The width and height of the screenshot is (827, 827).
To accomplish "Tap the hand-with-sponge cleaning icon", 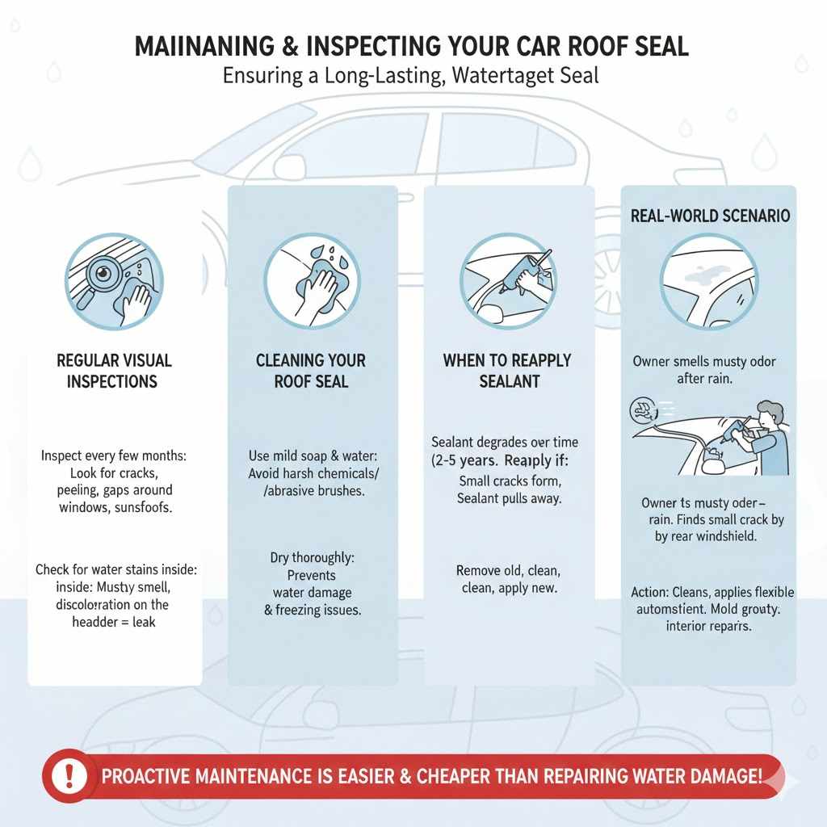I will pos(311,282).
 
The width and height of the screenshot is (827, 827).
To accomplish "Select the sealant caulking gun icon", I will pos(508,282).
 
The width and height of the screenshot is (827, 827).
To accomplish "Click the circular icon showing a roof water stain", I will pos(708,282).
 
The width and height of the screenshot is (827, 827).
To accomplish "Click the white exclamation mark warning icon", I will pos(69,777).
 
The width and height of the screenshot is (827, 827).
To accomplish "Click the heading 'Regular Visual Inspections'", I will pos(114,370).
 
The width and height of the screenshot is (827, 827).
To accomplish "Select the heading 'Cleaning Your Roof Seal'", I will pos(311,370).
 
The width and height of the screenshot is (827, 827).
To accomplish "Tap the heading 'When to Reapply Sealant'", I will pos(508,370).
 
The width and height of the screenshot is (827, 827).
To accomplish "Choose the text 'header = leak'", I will pos(114,622).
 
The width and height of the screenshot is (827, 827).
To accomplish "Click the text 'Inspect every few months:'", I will pos(114,456).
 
